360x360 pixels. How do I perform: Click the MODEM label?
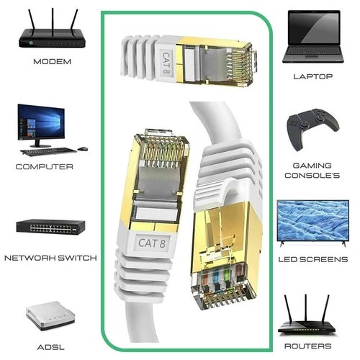click(x=53, y=62)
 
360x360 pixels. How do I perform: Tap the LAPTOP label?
click(x=313, y=76)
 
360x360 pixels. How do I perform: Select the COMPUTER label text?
click(x=45, y=166)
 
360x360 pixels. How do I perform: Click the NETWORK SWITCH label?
click(x=50, y=258)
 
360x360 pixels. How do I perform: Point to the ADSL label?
click(x=51, y=347)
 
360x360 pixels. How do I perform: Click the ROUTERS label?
click(x=308, y=346)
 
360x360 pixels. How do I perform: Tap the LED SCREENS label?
click(x=313, y=259)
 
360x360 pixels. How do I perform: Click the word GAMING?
click(x=312, y=166)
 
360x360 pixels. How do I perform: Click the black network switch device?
click(x=50, y=227)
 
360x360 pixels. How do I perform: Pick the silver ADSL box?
click(x=50, y=315)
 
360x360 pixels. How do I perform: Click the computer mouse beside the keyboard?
click(x=83, y=149)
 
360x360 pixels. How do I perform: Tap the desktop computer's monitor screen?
click(x=41, y=122)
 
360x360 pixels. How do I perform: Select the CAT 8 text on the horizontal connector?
click(x=166, y=63)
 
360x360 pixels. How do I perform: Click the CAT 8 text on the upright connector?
click(x=152, y=243)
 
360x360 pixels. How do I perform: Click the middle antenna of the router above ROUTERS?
click(x=306, y=307)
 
